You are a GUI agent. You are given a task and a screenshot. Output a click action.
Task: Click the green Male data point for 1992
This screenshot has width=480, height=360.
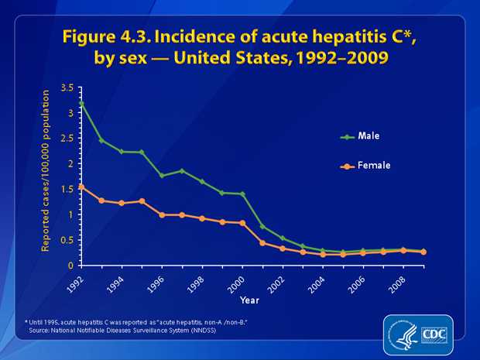[81, 104]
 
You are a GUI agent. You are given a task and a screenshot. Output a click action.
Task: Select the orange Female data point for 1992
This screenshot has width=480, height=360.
[81, 187]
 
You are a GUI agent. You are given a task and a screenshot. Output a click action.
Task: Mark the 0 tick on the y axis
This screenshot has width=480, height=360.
[70, 266]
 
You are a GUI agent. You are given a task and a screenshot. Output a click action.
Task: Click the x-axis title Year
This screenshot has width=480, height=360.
[250, 299]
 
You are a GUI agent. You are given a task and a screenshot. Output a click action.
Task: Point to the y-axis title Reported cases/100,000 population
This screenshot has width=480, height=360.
[46, 170]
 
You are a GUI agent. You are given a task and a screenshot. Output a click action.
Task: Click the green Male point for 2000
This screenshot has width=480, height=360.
[242, 194]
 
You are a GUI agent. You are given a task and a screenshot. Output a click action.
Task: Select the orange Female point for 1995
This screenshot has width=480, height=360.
[142, 201]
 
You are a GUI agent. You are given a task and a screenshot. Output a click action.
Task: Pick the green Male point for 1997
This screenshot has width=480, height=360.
[182, 171]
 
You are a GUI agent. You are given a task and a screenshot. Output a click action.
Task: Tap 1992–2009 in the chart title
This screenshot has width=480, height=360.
[341, 58]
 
